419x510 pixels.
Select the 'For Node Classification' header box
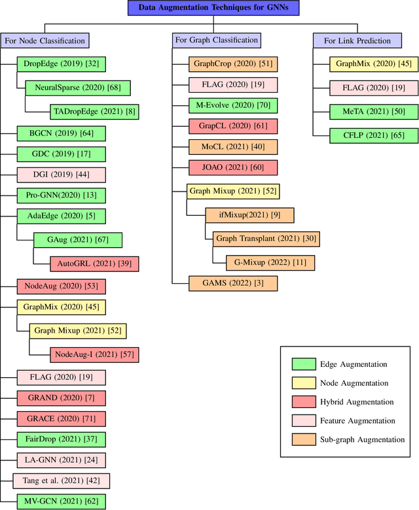point(45,41)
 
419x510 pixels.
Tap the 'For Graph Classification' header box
point(216,41)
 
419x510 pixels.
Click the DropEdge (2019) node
point(61,64)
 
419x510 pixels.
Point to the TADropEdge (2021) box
point(94,111)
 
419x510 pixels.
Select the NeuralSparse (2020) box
point(77,88)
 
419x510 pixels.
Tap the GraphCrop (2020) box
point(225,64)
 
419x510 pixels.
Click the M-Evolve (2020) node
point(225,105)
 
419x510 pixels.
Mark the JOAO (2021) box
point(225,167)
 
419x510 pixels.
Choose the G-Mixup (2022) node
point(270,262)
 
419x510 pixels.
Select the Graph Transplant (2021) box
point(266,239)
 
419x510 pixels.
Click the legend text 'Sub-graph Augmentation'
point(362,440)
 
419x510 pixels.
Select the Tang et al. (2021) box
point(61,481)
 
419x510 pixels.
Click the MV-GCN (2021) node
point(61,502)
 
